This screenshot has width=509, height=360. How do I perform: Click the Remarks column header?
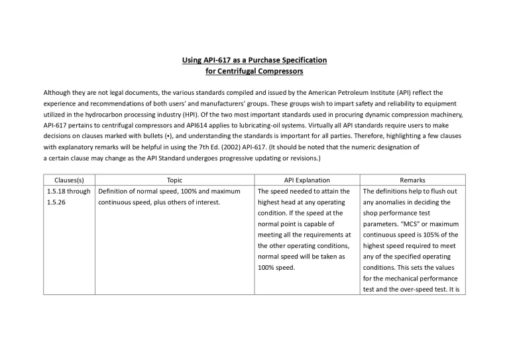tap(412, 180)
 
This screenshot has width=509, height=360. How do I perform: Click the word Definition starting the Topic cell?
tap(114, 191)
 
